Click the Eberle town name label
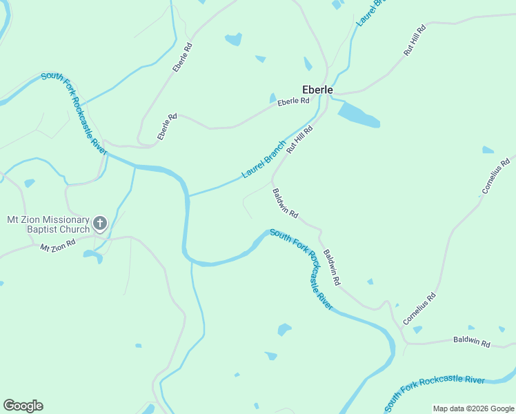coord(317,90)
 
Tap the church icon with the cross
coord(100,223)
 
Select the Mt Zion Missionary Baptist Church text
coord(48,224)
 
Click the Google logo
coord(23,406)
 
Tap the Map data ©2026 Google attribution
coord(473,408)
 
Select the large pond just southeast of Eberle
coord(359,115)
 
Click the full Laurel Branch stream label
coord(264,159)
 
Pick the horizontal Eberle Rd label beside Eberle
coord(293,102)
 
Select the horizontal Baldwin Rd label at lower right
coord(471,342)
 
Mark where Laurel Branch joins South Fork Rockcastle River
coord(188,195)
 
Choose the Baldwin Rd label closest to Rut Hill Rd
coord(285,204)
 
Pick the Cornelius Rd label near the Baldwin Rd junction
coord(420,309)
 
